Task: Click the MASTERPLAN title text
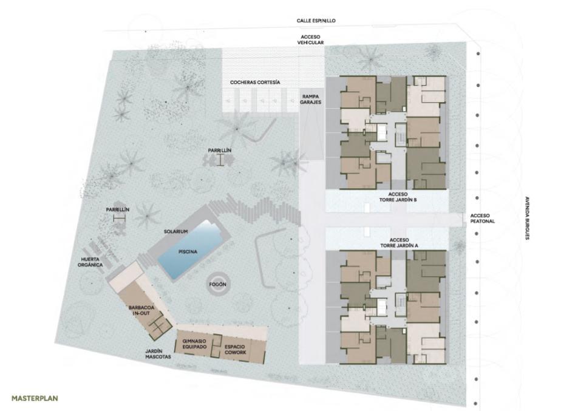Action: click(x=35, y=398)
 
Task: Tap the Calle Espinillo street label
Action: click(x=316, y=21)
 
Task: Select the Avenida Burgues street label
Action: click(x=527, y=218)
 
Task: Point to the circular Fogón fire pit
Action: click(x=218, y=284)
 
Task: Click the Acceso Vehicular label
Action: click(x=310, y=39)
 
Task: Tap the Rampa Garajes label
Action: click(x=310, y=100)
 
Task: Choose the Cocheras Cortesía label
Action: click(x=255, y=83)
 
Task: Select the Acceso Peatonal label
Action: click(x=482, y=219)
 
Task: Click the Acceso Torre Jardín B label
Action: click(x=398, y=197)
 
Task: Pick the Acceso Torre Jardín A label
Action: click(x=399, y=243)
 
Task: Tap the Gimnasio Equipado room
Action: click(x=194, y=344)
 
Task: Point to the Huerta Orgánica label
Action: click(x=90, y=262)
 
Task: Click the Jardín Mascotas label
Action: click(x=158, y=354)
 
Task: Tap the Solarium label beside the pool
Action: click(x=175, y=232)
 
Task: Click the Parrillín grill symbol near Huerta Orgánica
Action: click(x=120, y=219)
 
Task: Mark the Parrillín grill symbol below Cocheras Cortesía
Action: click(x=220, y=160)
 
